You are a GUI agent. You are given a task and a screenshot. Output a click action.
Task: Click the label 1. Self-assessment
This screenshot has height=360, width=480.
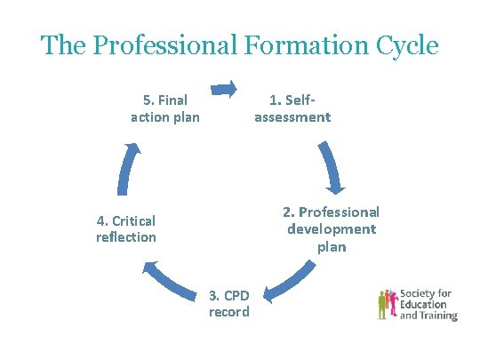click(x=292, y=108)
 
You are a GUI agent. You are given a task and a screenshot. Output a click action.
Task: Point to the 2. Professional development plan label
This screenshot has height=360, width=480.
click(x=331, y=229)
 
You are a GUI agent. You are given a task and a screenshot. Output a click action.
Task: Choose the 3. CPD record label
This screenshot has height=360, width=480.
click(x=229, y=303)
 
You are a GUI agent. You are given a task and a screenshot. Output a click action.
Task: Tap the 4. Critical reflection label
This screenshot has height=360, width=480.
click(x=125, y=228)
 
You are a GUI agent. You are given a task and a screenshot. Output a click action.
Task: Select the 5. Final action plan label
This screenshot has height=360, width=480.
click(x=164, y=108)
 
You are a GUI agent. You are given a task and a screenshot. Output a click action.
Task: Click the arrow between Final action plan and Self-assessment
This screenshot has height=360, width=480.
click(x=224, y=87)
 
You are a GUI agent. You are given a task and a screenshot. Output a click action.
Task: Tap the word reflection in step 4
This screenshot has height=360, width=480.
click(x=125, y=237)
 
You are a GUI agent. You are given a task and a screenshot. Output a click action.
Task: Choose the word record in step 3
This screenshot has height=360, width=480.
click(x=229, y=312)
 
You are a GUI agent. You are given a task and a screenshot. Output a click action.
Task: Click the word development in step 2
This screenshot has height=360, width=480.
click(x=331, y=229)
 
